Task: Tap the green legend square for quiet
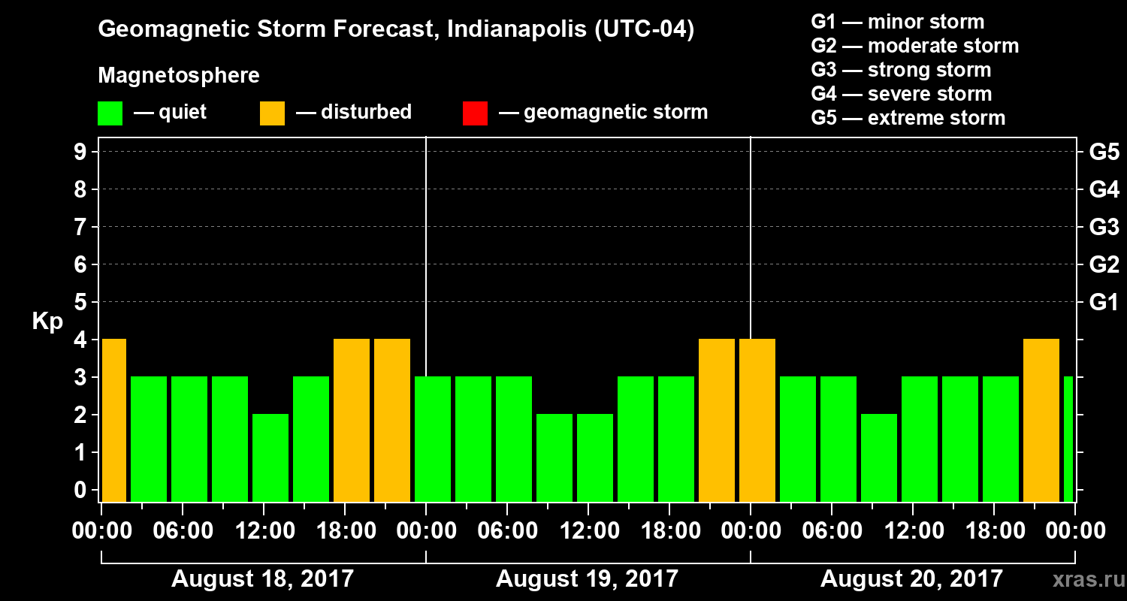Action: pos(110,113)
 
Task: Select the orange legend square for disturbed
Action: pos(272,113)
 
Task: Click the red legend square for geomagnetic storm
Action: pos(475,113)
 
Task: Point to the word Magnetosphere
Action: pos(179,76)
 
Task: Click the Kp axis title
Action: pos(47,322)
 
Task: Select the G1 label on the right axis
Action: pos(1104,303)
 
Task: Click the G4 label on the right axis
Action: pos(1104,190)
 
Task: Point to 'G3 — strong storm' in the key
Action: pos(901,70)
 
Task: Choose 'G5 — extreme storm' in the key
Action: pos(908,118)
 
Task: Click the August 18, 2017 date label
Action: pos(262,579)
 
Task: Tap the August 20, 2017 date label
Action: pos(911,579)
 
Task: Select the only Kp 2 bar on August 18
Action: pos(270,458)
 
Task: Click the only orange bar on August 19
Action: pos(717,421)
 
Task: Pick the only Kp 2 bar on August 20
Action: pos(879,458)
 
